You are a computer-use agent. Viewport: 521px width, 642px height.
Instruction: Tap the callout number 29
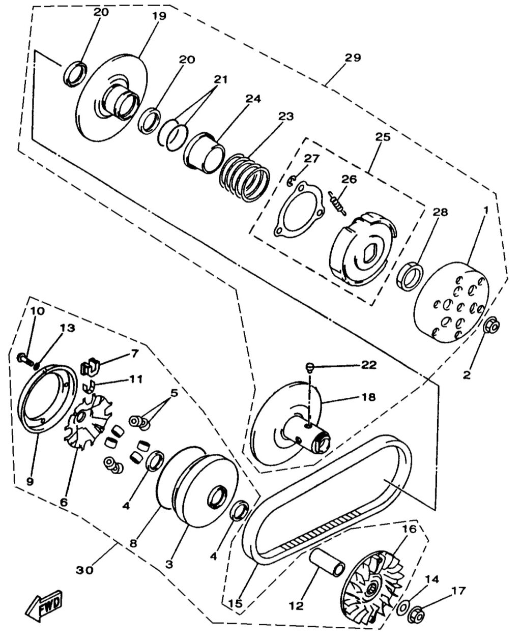point(352,57)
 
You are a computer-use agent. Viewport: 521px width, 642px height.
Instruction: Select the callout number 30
point(85,570)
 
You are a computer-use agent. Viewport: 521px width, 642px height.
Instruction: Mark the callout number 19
point(159,16)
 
